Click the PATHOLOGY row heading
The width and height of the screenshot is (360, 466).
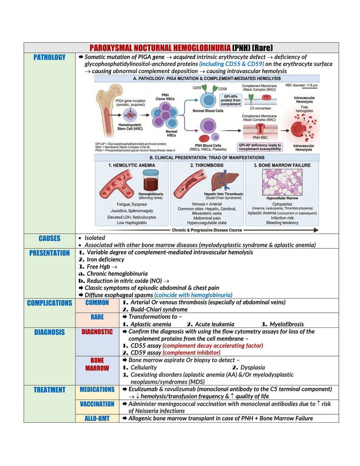click(49, 57)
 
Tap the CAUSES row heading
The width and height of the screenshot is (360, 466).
click(49, 238)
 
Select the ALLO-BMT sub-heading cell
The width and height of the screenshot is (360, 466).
click(97, 418)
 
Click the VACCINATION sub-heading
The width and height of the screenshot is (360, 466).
click(97, 404)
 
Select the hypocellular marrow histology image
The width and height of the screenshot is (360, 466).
click(282, 182)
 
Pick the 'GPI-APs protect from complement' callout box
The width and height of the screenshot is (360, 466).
click(231, 100)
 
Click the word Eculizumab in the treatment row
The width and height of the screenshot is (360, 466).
click(143, 389)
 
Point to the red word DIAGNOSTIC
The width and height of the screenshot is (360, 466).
click(97, 332)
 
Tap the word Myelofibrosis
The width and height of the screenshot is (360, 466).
click(287, 324)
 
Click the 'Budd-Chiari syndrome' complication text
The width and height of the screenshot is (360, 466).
click(159, 309)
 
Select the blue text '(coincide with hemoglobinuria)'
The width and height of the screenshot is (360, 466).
click(193, 295)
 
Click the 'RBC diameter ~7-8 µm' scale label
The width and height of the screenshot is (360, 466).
click(301, 85)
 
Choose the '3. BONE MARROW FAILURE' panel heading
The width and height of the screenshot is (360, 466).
click(282, 165)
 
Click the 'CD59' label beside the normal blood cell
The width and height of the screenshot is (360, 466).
click(222, 89)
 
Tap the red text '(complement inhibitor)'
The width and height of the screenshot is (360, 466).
click(192, 353)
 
